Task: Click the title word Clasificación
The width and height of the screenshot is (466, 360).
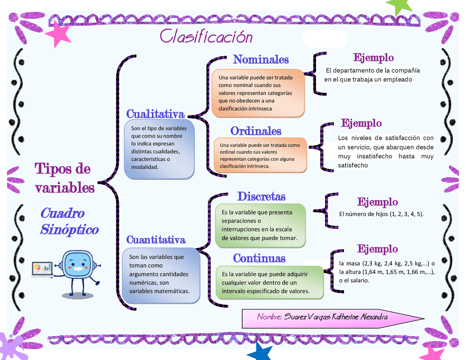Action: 206,37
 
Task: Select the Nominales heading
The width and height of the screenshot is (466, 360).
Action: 261,59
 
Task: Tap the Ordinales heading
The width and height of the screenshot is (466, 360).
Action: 256,131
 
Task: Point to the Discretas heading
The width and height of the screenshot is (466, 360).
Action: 261,197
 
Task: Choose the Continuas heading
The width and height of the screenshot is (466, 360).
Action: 259,258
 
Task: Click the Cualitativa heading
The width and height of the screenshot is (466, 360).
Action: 155,114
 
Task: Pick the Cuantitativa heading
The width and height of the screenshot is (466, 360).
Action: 156,240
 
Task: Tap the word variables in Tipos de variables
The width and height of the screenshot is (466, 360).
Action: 65,188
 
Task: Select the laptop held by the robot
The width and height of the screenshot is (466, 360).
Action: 42,269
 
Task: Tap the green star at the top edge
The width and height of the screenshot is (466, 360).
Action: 399,6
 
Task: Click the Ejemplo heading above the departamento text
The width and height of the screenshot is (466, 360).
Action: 373,58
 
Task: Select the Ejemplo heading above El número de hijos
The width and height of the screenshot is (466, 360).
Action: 377,202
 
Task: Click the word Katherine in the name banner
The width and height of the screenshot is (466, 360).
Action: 345,317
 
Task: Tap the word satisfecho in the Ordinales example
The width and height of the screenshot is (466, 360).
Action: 353,165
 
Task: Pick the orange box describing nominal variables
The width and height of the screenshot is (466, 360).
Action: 258,93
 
